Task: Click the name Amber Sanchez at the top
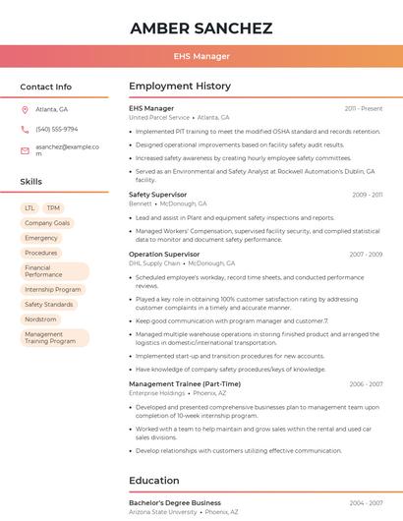(x=201, y=28)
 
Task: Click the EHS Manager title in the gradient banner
(x=201, y=56)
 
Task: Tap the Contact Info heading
(x=45, y=87)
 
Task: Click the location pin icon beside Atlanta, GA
(x=25, y=109)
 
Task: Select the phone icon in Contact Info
(x=25, y=129)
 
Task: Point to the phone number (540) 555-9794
(x=56, y=129)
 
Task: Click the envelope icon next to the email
(x=25, y=150)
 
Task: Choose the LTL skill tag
(x=29, y=208)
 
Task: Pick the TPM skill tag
(x=53, y=208)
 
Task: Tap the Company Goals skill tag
(x=47, y=223)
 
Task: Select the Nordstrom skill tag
(x=40, y=319)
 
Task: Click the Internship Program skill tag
(x=53, y=290)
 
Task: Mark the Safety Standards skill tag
(x=49, y=305)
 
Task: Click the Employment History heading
(x=179, y=87)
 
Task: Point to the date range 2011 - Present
(x=364, y=108)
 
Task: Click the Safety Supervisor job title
(x=157, y=195)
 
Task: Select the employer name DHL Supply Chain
(x=154, y=263)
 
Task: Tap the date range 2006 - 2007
(x=366, y=383)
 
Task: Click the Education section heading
(x=153, y=481)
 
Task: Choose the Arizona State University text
(x=162, y=511)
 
